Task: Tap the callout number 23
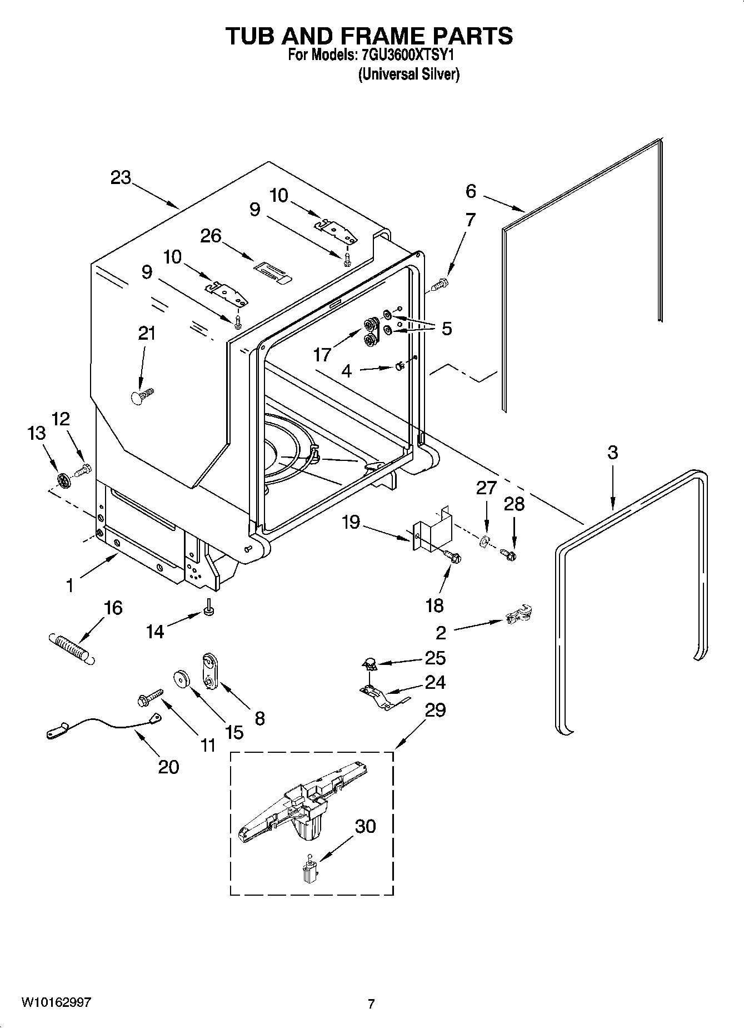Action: tap(121, 178)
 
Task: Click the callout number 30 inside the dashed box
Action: tap(365, 826)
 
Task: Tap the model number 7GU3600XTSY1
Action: tap(412, 56)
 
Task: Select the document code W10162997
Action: tap(56, 1002)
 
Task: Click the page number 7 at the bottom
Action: tap(371, 1004)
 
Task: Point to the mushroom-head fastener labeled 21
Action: tap(143, 396)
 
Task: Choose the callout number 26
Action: tap(211, 236)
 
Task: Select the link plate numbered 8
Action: tap(210, 671)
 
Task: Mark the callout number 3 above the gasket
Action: tap(612, 453)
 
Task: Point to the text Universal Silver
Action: tap(408, 74)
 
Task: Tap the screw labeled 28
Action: tap(508, 554)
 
